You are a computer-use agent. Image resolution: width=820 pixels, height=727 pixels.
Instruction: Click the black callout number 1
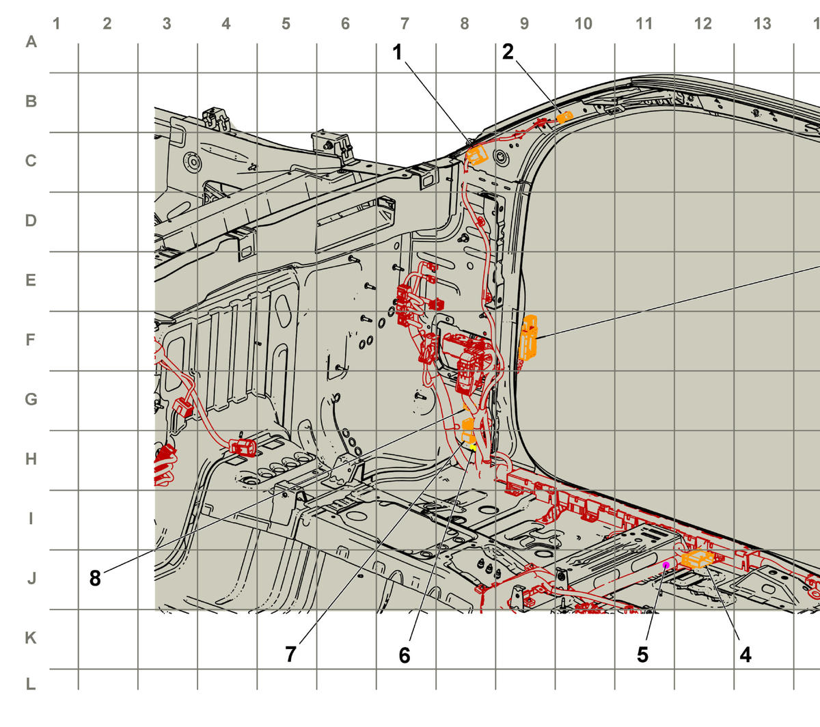point(398,53)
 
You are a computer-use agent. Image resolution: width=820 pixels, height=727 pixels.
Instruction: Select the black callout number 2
point(508,52)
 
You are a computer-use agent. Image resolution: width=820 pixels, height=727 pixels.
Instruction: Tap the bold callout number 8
point(95,578)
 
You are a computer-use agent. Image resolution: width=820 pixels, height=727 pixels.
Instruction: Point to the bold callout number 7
point(290,654)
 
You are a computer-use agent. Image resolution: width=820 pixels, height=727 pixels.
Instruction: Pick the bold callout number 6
point(405,655)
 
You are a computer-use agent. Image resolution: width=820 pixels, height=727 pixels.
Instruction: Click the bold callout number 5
point(643,655)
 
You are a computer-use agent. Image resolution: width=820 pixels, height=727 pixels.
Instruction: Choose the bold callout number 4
point(746,655)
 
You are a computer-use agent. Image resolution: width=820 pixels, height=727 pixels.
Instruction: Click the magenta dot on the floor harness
point(666,564)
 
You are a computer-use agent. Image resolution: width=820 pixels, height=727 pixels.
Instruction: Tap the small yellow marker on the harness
point(473,448)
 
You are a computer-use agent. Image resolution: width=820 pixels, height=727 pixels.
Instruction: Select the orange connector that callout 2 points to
point(564,117)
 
